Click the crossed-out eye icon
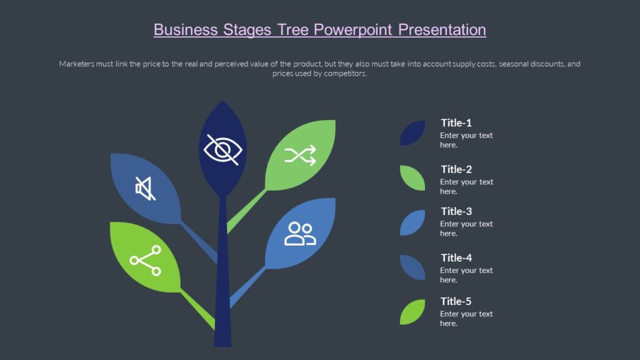(x=222, y=150)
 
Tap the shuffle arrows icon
(x=300, y=155)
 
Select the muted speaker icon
(x=145, y=188)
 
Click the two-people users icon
(x=300, y=233)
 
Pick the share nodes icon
(x=146, y=260)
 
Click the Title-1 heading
(x=456, y=122)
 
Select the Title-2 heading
(x=456, y=169)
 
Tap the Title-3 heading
(x=456, y=211)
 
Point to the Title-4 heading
(x=456, y=257)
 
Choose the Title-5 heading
(x=456, y=301)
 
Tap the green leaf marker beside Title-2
(x=412, y=178)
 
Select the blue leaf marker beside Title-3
(x=412, y=222)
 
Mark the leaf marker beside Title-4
(x=412, y=267)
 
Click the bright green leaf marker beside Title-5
(x=412, y=312)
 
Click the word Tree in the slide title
(x=292, y=29)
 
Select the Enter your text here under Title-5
(x=466, y=318)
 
